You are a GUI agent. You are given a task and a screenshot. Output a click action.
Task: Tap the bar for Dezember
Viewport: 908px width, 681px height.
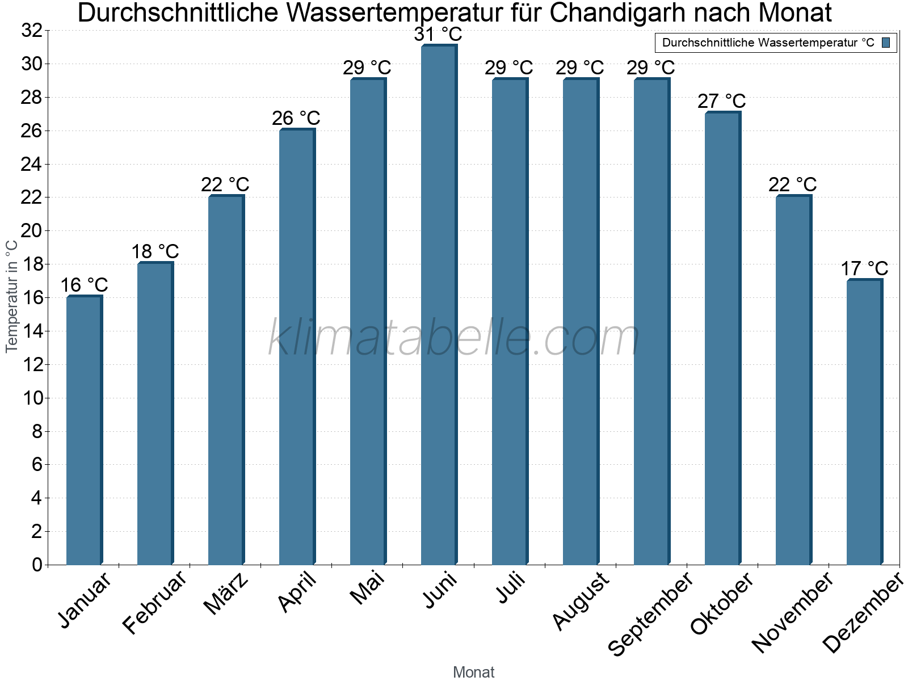click(864, 422)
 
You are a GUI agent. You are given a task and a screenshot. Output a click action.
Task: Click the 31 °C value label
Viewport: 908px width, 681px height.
click(438, 35)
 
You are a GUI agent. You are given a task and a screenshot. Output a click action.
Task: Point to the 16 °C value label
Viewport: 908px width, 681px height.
click(84, 285)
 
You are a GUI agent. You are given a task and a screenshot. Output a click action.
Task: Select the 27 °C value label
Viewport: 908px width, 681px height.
click(722, 102)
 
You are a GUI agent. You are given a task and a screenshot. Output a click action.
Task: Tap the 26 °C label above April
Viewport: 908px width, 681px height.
click(296, 119)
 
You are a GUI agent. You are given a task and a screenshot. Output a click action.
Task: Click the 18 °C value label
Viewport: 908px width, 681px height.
click(155, 251)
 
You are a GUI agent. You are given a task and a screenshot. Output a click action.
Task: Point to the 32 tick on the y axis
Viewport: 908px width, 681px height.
click(32, 31)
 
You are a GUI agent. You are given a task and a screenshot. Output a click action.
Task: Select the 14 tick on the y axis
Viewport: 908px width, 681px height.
click(32, 331)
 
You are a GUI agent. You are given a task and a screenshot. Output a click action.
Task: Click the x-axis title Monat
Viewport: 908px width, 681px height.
click(474, 672)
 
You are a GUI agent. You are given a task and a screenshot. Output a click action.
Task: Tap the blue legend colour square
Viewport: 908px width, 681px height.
click(886, 43)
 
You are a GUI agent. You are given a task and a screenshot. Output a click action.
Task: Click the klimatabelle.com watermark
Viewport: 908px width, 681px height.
click(454, 338)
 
